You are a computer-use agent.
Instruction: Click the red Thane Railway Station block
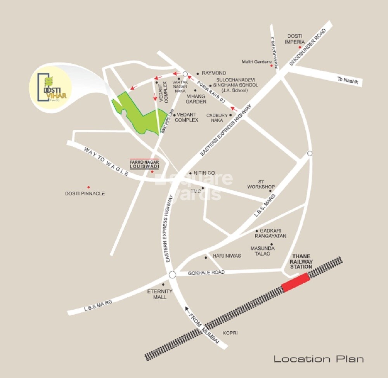click(295, 282)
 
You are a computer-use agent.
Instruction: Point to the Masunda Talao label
click(262, 251)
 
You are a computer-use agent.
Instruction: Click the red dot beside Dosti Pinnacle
click(88, 187)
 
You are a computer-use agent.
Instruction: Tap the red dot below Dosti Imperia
click(300, 47)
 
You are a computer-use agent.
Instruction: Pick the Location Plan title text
click(319, 359)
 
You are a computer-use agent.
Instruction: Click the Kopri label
click(230, 333)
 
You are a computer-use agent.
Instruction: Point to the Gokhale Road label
click(206, 272)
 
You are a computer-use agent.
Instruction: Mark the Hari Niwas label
click(227, 256)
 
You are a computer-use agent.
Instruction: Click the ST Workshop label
click(266, 184)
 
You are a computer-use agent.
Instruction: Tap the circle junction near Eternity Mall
click(173, 275)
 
